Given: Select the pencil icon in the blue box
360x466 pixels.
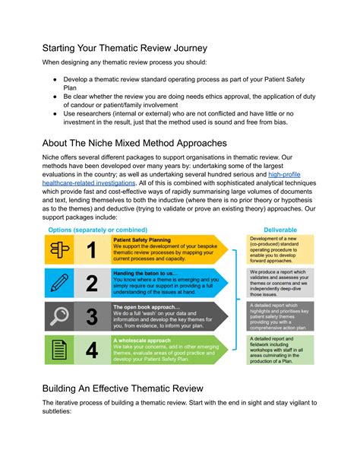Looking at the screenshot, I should tap(59, 284).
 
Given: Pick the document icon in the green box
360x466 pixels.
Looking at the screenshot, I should tap(59, 350).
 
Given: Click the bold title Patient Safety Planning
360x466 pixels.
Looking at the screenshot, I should tap(143, 239).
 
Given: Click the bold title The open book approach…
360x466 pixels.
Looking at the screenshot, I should tap(147, 306).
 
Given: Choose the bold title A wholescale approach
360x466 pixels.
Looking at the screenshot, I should tap(142, 339).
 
